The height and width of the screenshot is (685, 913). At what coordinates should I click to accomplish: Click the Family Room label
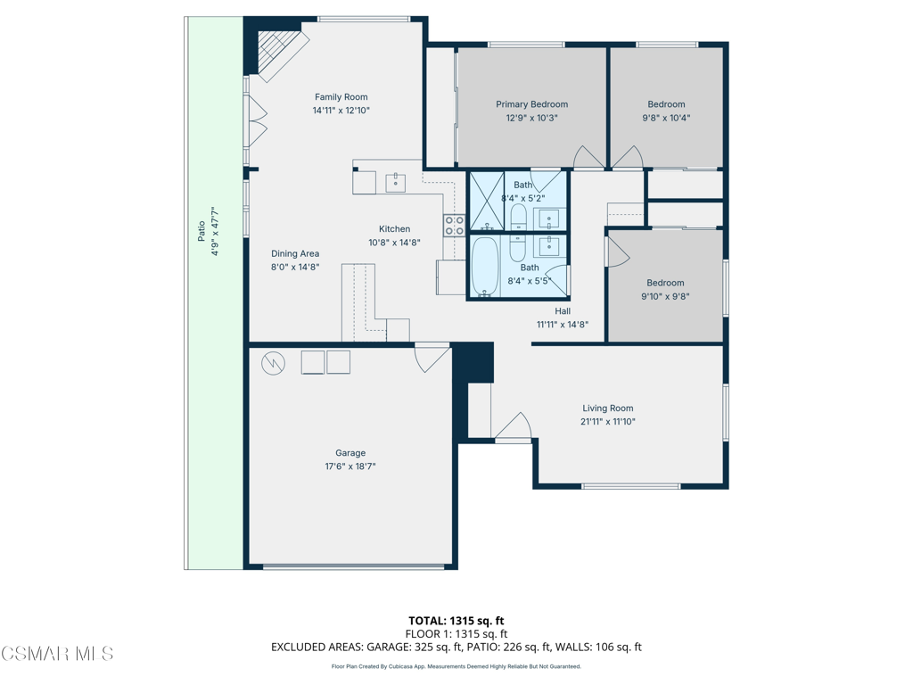tap(341, 97)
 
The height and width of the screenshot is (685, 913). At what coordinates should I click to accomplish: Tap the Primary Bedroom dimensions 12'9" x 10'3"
tap(531, 118)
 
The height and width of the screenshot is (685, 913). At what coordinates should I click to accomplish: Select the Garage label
tap(350, 453)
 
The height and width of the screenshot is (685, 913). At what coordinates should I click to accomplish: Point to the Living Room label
tap(608, 409)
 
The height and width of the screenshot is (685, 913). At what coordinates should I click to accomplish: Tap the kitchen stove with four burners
tap(454, 225)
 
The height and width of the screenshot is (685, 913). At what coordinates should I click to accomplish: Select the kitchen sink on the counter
tap(396, 182)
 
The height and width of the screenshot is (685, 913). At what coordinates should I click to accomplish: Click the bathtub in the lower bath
tap(482, 266)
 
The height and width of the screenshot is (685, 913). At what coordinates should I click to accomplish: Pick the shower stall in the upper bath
tap(487, 201)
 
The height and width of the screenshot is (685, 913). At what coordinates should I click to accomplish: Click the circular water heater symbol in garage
tap(273, 364)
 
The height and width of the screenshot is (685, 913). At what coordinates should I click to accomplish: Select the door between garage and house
tap(432, 359)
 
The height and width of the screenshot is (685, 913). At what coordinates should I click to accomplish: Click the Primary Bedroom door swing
tap(589, 157)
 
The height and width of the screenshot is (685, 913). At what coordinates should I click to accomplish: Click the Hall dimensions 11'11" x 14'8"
tap(563, 325)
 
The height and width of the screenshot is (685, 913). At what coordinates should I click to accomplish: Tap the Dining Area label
tap(295, 254)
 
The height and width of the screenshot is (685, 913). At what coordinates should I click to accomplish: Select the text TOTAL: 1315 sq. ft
tap(456, 621)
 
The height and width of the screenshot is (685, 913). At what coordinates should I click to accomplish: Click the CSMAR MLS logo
tap(57, 654)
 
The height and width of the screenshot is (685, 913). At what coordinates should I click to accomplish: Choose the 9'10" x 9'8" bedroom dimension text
tap(665, 296)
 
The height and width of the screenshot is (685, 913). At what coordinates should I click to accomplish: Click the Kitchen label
tap(395, 229)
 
